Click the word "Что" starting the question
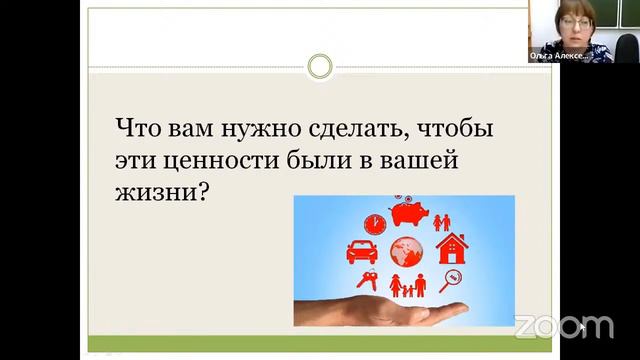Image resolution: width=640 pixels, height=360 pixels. coord(138,129)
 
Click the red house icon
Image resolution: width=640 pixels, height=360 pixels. coord(453,246)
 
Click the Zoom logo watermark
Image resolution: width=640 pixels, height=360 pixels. coord(564,326)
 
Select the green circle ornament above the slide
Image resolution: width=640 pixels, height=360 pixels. coord(320,67)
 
